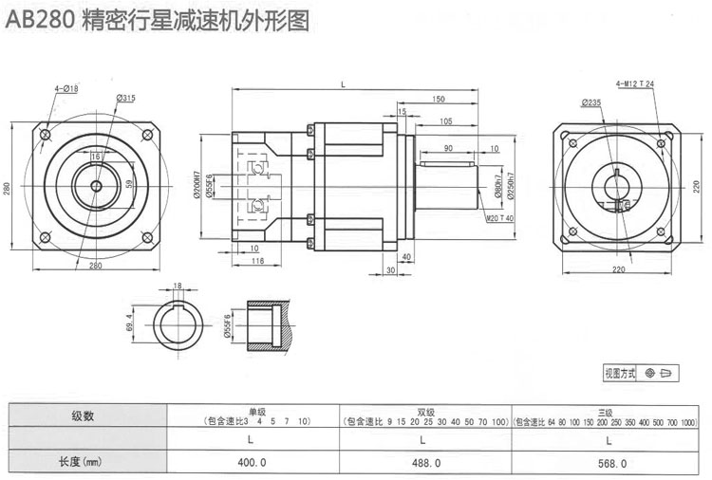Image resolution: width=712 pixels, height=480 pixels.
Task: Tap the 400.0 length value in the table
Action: pos(250,463)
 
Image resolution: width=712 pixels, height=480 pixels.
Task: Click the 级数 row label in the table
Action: pos(83,415)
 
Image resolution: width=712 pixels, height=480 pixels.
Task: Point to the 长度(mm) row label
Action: pos(83,463)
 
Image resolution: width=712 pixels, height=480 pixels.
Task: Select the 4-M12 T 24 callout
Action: pos(635,84)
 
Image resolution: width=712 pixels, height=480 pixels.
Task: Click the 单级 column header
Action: pos(252,411)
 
